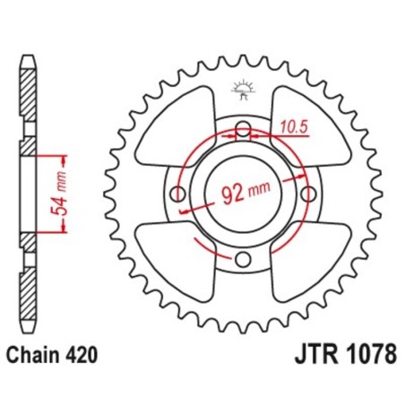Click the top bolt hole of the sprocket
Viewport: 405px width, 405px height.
pos(243,133)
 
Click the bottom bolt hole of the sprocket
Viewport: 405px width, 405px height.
pos(243,260)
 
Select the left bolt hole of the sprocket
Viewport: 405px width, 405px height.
pos(178,195)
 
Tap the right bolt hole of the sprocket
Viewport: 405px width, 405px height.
pos(307,195)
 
